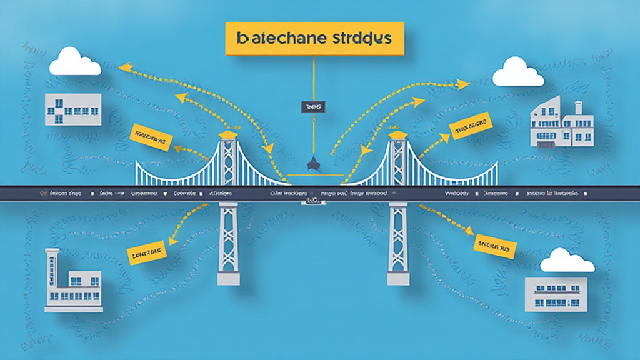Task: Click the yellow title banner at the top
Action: [314, 38]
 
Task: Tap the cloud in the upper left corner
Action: [75, 62]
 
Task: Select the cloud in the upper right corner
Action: [518, 72]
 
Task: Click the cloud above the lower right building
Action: [567, 261]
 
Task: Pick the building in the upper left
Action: [73, 109]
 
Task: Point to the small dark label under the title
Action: [313, 107]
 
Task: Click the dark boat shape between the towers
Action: [312, 164]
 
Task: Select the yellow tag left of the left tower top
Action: [150, 136]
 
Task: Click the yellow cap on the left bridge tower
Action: [228, 134]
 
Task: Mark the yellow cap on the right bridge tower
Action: [397, 134]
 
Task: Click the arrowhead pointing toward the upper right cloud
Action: [463, 82]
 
